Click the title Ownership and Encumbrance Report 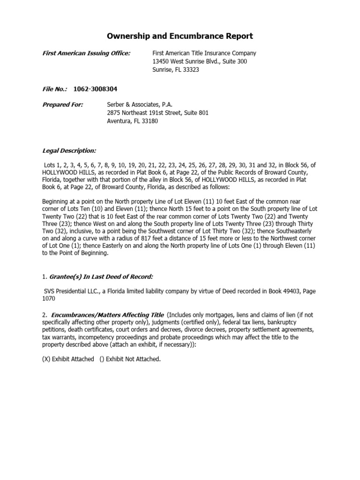[180, 36]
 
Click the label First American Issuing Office [87, 53]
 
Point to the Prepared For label [63, 105]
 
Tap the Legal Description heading [69, 150]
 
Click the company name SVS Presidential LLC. [70, 292]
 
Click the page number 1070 [49, 299]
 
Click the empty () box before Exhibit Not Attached [102, 359]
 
